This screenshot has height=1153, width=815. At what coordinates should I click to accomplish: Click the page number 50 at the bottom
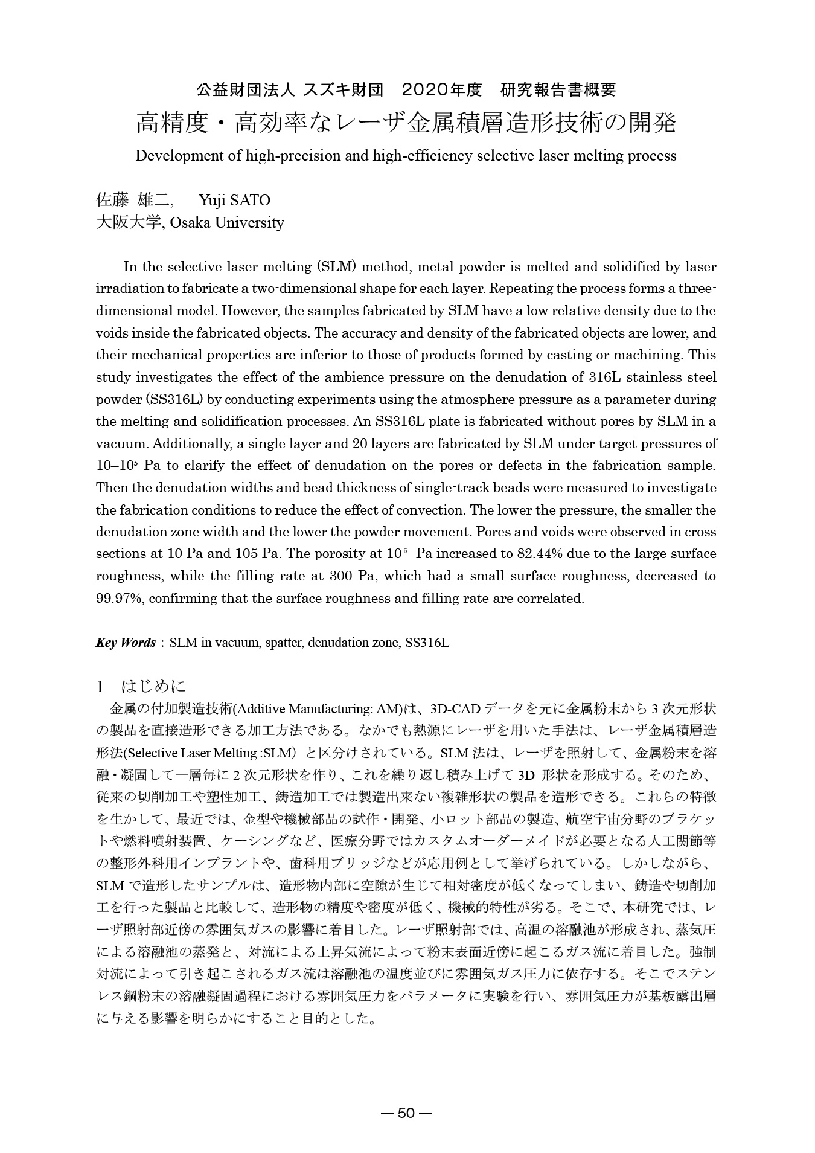pos(406,1113)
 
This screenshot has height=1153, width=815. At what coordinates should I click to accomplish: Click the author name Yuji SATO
pos(234,200)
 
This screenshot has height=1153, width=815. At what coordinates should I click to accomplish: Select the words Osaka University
pos(227,223)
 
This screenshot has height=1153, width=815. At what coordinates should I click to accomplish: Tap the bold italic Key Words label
pos(126,643)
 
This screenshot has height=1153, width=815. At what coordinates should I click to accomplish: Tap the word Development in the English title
pos(176,156)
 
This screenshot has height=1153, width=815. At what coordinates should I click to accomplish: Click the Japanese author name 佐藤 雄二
pos(136,200)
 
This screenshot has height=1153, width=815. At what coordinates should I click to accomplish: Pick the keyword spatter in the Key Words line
pos(284,643)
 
